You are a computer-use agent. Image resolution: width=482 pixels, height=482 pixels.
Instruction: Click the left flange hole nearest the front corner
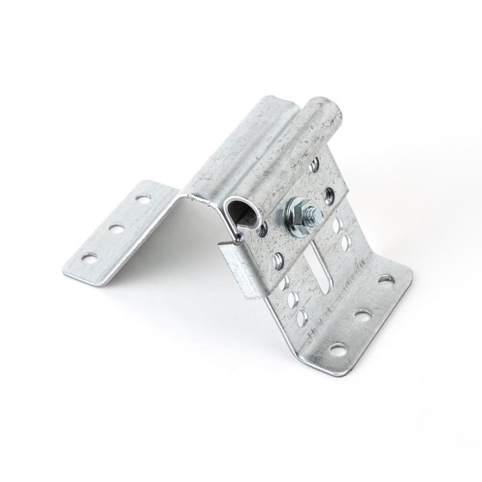pyautogui.click(x=89, y=258)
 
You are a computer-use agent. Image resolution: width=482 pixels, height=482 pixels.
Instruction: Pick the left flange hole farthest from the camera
pyautogui.click(x=142, y=198)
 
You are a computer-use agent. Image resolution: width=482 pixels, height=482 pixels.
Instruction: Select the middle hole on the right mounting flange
pyautogui.click(x=363, y=316)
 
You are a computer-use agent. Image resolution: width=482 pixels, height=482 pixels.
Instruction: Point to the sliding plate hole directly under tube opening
pyautogui.click(x=263, y=230)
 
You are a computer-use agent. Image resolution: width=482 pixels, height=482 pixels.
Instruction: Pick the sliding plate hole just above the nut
pyautogui.click(x=329, y=195)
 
